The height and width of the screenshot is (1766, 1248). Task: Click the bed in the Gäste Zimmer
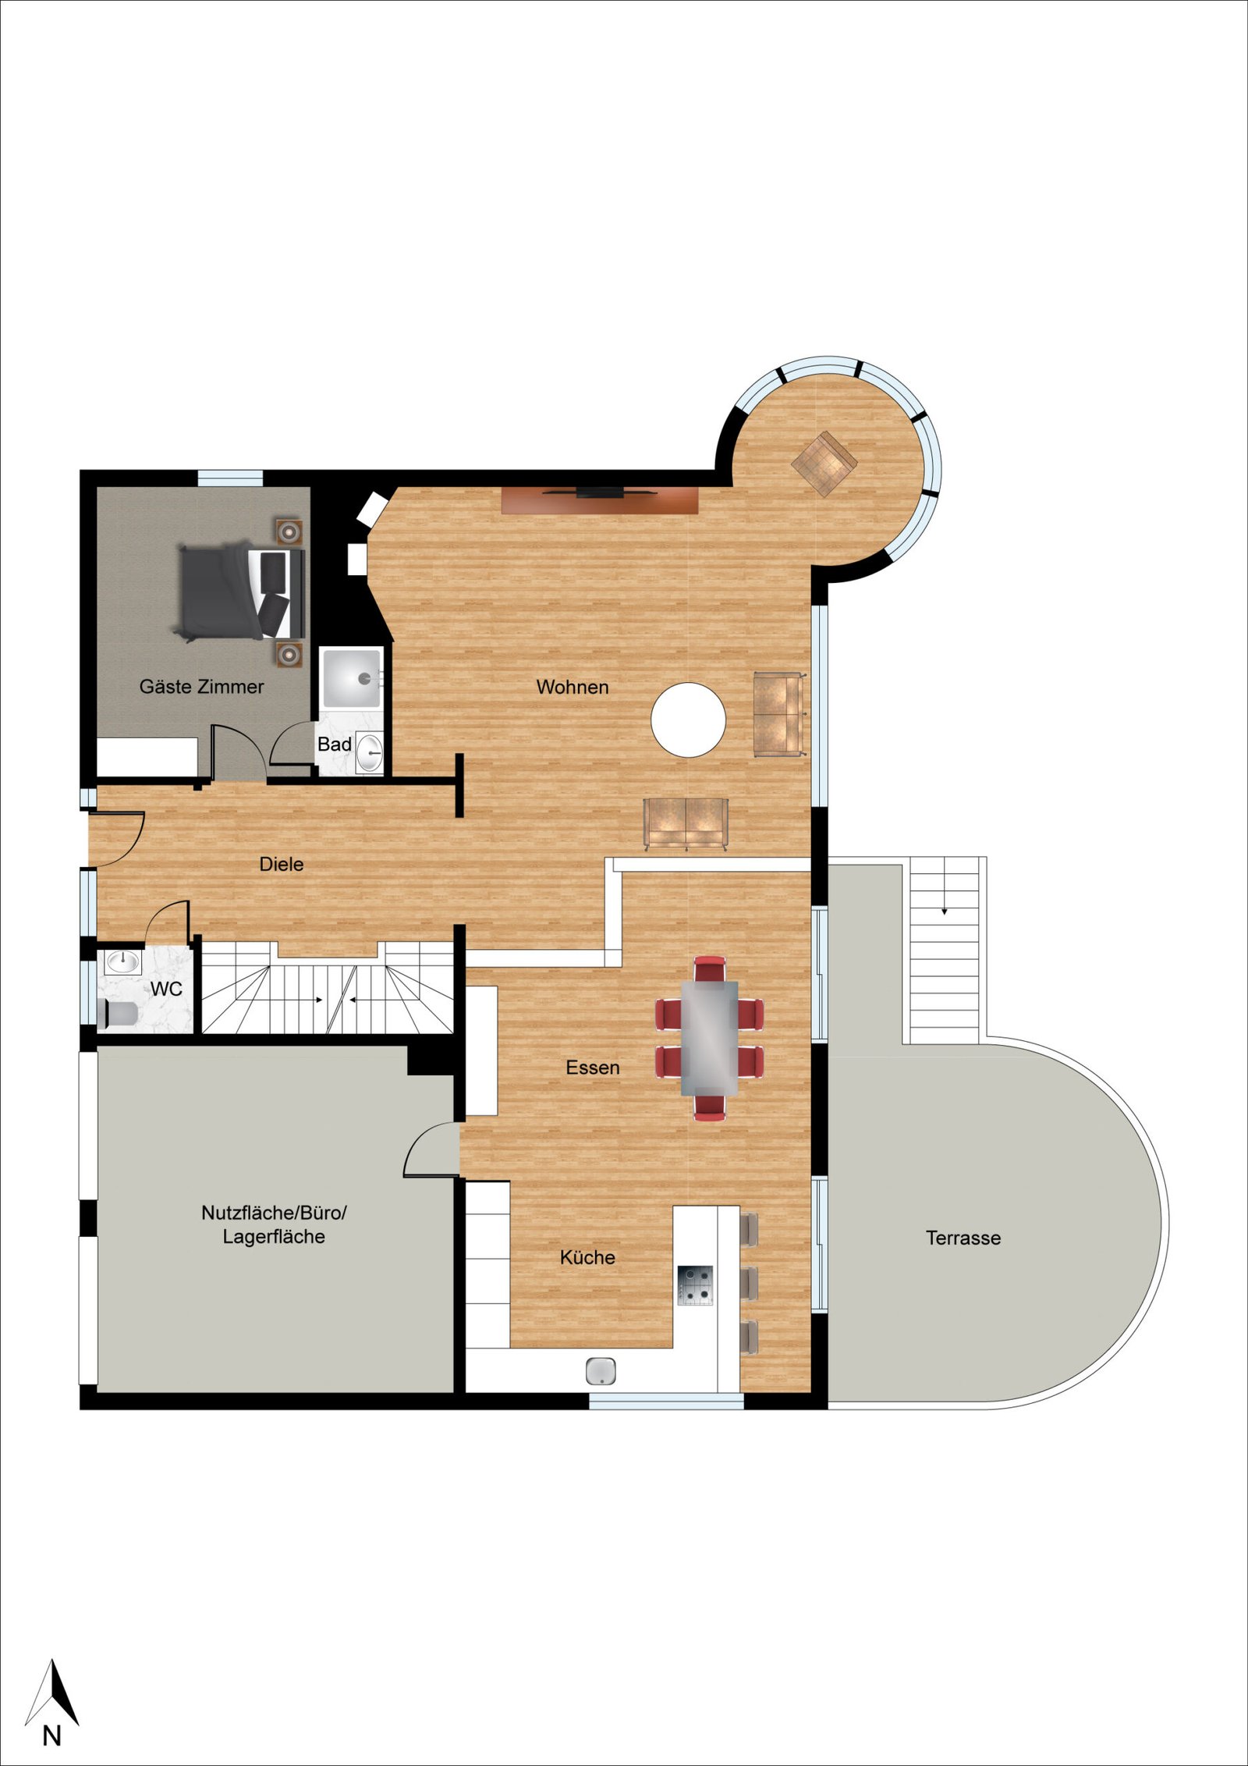click(x=237, y=592)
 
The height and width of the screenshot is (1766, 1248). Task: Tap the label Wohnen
click(x=573, y=688)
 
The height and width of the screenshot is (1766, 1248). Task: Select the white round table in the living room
click(x=689, y=720)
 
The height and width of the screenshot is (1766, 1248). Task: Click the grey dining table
click(x=710, y=1037)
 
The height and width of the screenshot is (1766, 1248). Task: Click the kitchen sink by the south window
click(x=601, y=1370)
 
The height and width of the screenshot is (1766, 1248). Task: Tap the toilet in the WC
click(x=120, y=1014)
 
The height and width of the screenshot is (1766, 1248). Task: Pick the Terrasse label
click(x=963, y=1238)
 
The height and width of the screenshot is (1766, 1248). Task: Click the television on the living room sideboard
click(x=599, y=492)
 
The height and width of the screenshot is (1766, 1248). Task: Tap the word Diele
click(x=282, y=865)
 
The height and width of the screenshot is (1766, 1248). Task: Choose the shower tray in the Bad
click(x=351, y=678)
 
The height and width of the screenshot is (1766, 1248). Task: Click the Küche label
click(x=587, y=1258)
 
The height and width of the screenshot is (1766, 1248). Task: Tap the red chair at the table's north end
click(x=710, y=968)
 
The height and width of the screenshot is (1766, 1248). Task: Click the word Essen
click(x=593, y=1068)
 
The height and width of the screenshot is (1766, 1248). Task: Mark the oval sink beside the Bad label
click(x=370, y=752)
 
